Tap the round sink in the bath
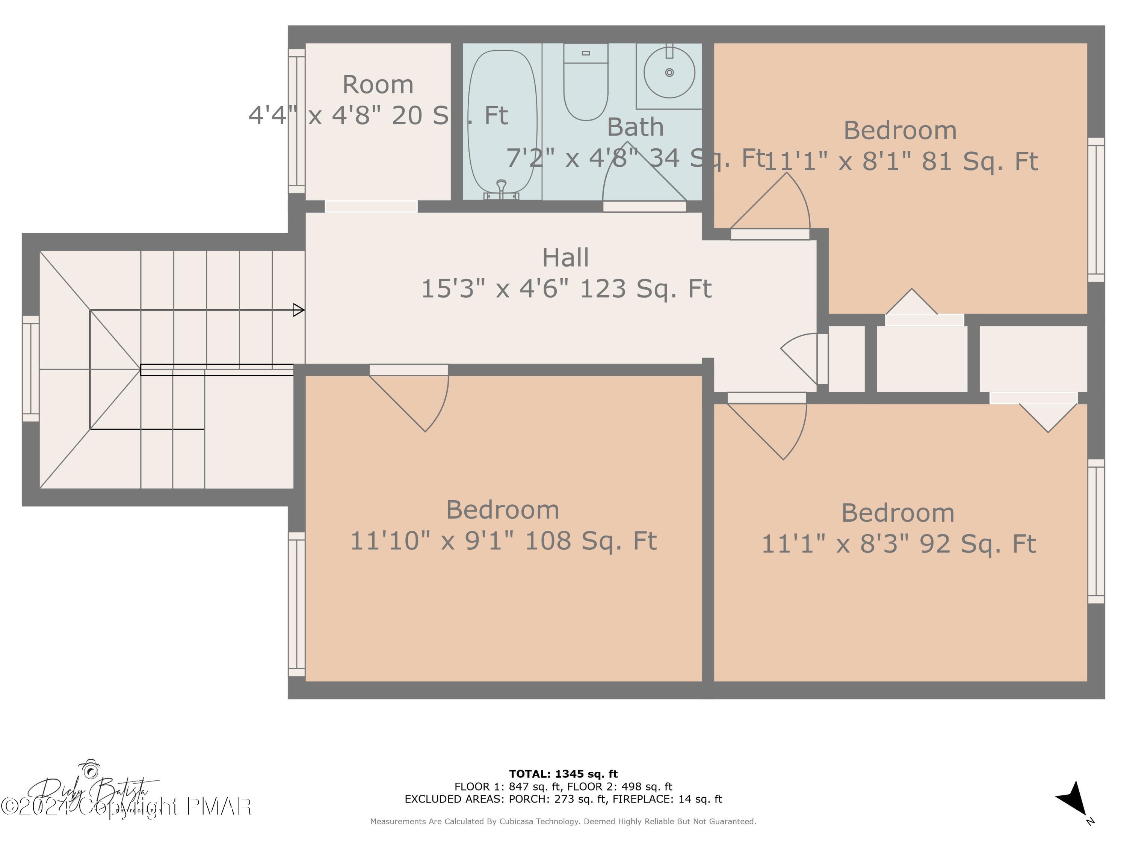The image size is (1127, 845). [669, 72]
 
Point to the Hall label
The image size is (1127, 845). [565, 258]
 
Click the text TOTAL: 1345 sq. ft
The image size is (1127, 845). [563, 774]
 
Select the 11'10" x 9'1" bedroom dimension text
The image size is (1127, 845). [503, 541]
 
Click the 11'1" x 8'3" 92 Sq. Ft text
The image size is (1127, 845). [899, 544]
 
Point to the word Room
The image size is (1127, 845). [378, 84]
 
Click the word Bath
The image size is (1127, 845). [635, 127]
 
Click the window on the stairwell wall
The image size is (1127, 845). [30, 369]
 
